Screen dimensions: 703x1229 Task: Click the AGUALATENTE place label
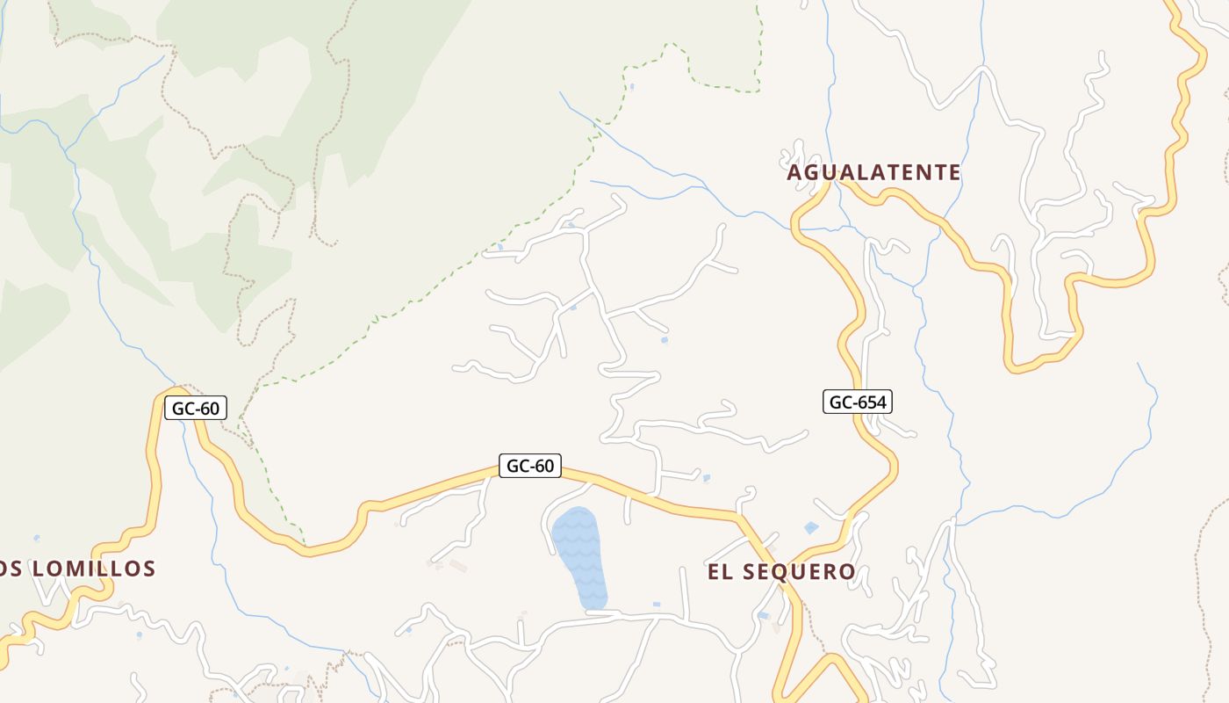point(873,172)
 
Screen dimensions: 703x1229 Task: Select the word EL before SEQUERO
point(720,572)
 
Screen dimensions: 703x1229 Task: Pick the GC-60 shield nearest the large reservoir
point(530,466)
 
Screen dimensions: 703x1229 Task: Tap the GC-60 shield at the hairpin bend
point(196,408)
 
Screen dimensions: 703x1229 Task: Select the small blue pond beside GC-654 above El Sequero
point(811,528)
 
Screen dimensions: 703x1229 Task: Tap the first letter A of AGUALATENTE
point(794,173)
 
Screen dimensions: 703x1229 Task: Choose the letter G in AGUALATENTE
point(812,172)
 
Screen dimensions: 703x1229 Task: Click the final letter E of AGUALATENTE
point(953,172)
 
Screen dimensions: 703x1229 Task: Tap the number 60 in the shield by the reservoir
point(544,466)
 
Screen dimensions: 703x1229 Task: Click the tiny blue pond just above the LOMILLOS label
point(36,537)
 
